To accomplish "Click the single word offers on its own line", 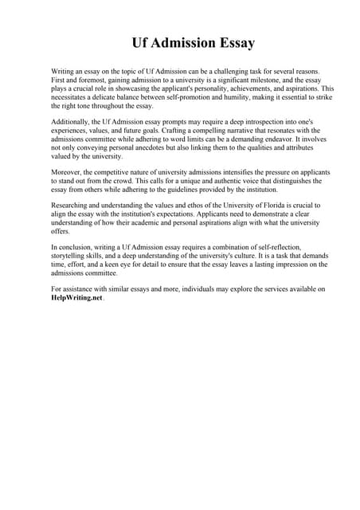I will pos(61,233).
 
